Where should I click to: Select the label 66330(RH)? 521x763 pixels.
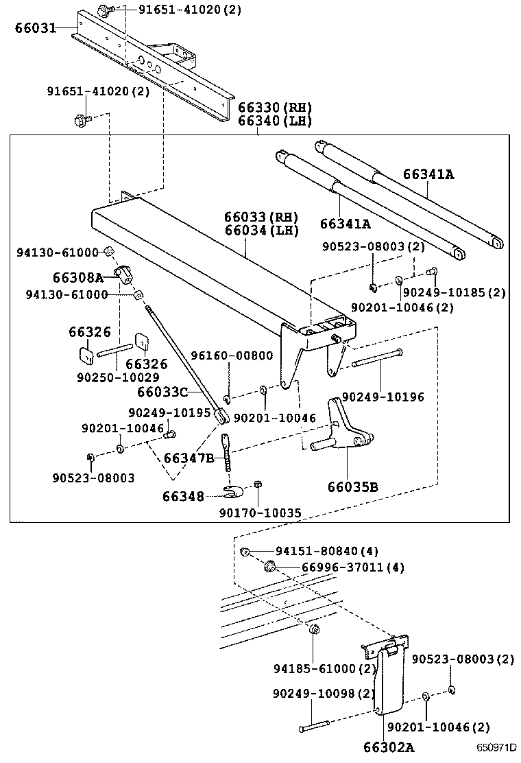pyautogui.click(x=275, y=108)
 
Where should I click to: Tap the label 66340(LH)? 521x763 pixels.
pyautogui.click(x=275, y=121)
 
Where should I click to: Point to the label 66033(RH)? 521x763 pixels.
pyautogui.click(x=261, y=218)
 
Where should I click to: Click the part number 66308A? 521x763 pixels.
pyautogui.click(x=77, y=277)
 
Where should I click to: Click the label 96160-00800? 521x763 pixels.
pyautogui.click(x=232, y=355)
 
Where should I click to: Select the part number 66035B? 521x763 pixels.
pyautogui.click(x=352, y=487)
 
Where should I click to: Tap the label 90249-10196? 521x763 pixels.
pyautogui.click(x=383, y=397)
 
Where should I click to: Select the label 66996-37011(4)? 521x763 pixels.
pyautogui.click(x=343, y=567)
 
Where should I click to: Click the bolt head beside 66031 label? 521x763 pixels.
pyautogui.click(x=104, y=10)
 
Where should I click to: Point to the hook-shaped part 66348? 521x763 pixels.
pyautogui.click(x=234, y=490)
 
